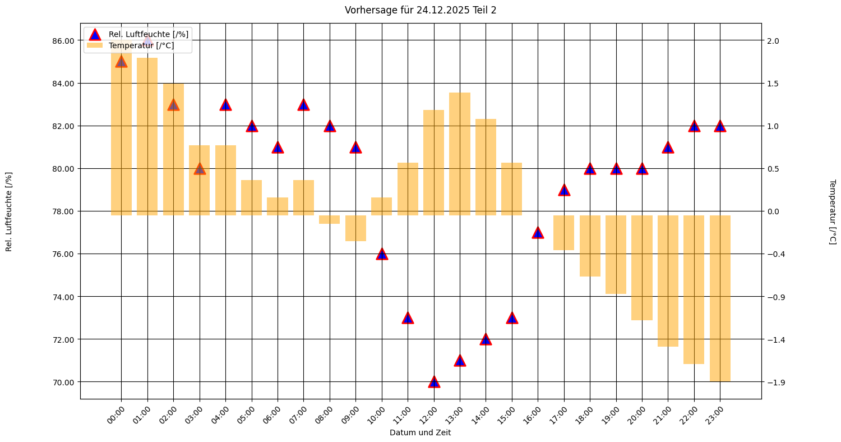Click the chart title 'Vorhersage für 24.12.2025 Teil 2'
[420, 10]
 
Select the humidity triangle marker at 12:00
[434, 382]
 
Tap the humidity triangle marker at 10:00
[382, 254]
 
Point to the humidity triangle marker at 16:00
[538, 233]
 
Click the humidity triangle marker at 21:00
[668, 148]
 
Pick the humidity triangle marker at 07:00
[303, 105]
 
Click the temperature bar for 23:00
[720, 298]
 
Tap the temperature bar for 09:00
[355, 228]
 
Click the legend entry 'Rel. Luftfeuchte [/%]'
[148, 34]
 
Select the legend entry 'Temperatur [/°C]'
[141, 45]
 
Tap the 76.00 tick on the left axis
[63, 254]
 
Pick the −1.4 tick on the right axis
[774, 339]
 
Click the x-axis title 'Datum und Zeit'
[420, 433]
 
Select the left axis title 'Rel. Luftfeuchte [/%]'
[9, 211]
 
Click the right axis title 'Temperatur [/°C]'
[833, 211]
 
